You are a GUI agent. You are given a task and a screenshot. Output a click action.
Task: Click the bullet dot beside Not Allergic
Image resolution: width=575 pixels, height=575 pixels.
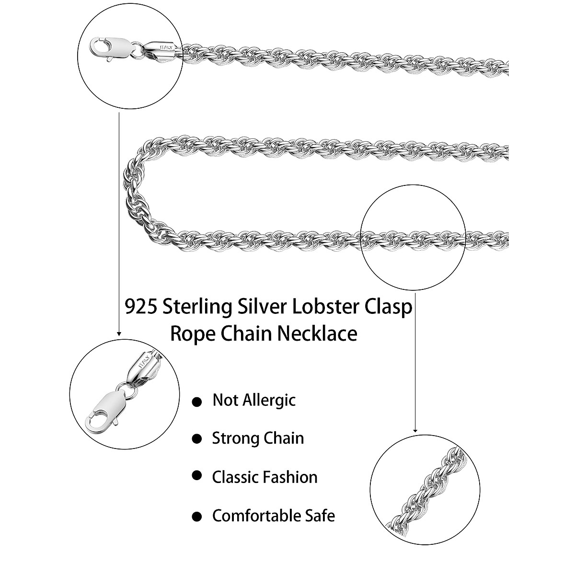coord(196,402)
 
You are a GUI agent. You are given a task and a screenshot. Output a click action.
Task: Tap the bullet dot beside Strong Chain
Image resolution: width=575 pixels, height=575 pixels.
coord(196,439)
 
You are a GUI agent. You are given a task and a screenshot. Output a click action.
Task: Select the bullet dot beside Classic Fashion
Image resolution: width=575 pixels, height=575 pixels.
coord(196,475)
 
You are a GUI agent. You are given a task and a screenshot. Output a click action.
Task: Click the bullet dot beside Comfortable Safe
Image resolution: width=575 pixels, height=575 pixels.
coord(196,517)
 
